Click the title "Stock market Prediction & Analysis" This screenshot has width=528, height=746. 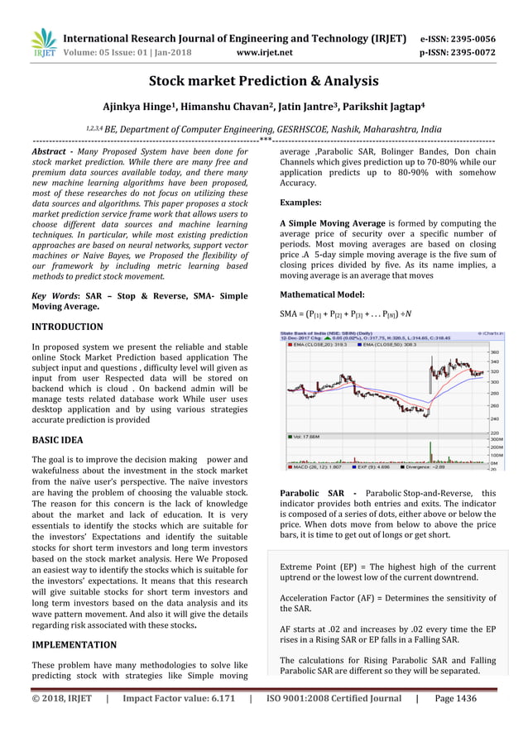click(263, 81)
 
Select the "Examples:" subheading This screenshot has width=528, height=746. click(301, 202)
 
